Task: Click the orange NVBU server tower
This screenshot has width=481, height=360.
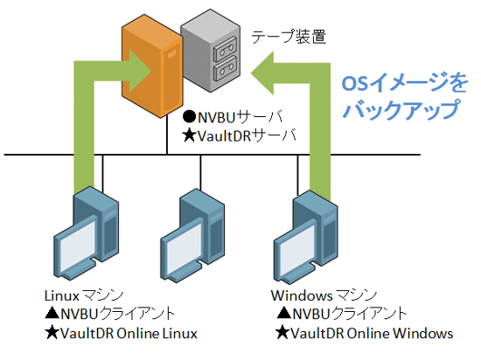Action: click(152, 66)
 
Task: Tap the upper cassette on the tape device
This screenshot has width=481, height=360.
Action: click(225, 50)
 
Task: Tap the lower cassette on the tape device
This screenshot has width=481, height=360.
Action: click(225, 69)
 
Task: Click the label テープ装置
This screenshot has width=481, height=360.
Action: click(289, 37)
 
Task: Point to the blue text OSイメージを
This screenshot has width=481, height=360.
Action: click(404, 82)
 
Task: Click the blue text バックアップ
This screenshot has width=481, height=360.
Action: click(401, 108)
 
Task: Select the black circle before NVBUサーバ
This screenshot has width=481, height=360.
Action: click(189, 116)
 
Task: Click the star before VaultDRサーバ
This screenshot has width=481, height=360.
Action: click(189, 135)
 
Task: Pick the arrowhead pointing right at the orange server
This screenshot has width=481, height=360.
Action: click(141, 71)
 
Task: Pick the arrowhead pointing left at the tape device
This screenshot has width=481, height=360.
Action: click(262, 73)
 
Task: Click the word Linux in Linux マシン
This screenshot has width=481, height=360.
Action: click(62, 295)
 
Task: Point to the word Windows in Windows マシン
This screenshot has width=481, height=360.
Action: click(302, 295)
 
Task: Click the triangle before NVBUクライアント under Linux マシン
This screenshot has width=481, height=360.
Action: click(52, 313)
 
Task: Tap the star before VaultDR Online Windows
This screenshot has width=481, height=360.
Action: click(282, 333)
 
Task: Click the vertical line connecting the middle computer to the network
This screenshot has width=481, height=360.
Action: click(200, 173)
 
